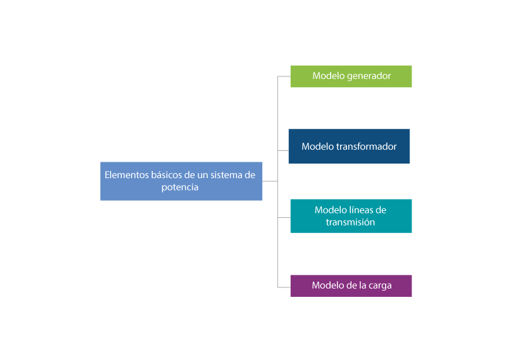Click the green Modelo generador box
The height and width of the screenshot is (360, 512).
tap(351, 76)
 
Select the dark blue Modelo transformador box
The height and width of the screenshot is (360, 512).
tap(349, 147)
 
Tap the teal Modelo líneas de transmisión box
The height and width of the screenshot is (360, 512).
tap(351, 216)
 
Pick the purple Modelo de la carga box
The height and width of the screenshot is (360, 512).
tap(351, 285)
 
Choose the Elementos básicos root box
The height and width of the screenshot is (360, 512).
tap(181, 181)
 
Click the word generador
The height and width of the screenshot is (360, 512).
tap(369, 76)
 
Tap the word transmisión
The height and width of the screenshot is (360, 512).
tap(351, 222)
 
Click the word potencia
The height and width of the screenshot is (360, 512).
tap(180, 188)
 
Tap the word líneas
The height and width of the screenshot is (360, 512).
tap(363, 210)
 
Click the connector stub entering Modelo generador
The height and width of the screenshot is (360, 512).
tap(284, 76)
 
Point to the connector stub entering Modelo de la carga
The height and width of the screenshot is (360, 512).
tap(284, 287)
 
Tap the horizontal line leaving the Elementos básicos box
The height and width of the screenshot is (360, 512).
tap(270, 181)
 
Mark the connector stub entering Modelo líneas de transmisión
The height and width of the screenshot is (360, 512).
tap(284, 217)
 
